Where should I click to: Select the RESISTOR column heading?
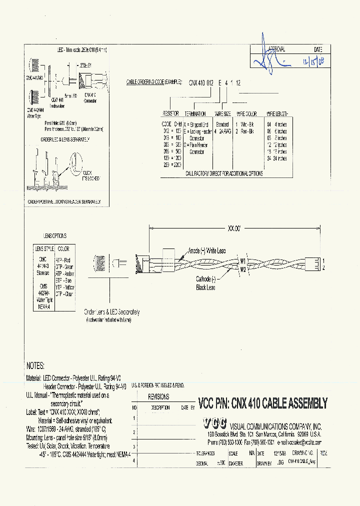coord(170,114)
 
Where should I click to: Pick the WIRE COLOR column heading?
coord(247,114)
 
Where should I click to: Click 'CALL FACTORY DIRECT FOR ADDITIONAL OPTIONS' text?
coord(224,173)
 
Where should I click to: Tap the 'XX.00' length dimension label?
coord(234,227)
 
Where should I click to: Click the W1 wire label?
coord(242,260)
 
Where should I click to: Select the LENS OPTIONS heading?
coord(54,235)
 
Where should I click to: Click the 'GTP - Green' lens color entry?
coord(64,266)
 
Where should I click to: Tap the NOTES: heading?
coord(35,366)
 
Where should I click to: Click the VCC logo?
coord(214,423)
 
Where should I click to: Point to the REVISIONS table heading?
coord(159,396)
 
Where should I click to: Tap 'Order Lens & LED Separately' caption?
coord(112,312)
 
